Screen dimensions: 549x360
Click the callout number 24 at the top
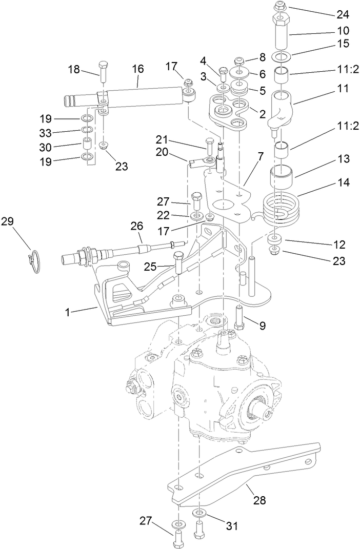pyautogui.click(x=343, y=14)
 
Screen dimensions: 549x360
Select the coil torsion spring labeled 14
pyautogui.click(x=280, y=208)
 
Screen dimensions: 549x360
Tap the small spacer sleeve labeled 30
pyautogui.click(x=87, y=143)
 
